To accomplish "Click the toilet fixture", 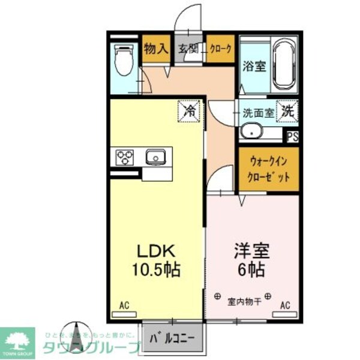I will coord(124,61).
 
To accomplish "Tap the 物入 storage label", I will coord(155,49).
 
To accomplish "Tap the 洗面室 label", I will coord(258,112).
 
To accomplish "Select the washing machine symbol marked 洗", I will coord(288,110).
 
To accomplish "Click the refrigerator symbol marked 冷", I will coord(190,110).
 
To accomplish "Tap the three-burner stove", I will coord(126,157).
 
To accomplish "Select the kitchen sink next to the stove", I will coord(155,157).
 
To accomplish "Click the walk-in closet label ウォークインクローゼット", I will coord(268,169).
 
